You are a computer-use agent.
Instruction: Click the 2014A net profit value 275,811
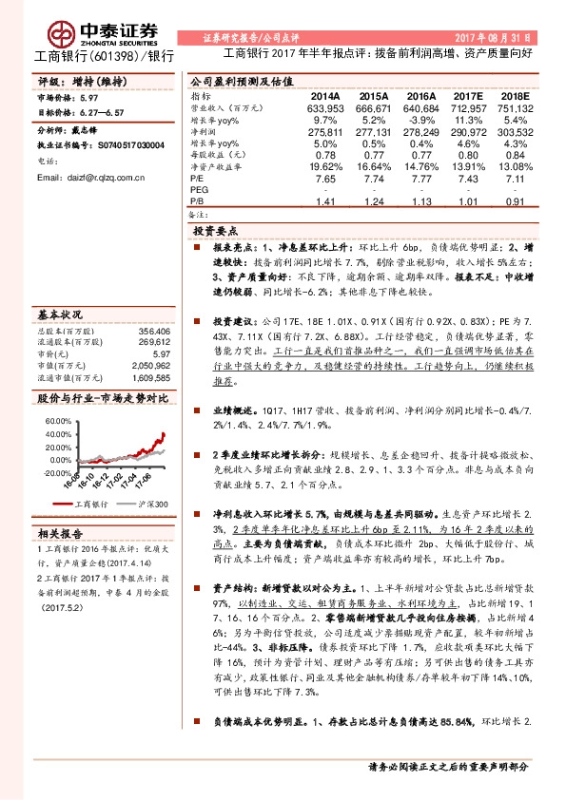[x=324, y=132]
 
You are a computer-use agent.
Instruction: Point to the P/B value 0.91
[x=514, y=201]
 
